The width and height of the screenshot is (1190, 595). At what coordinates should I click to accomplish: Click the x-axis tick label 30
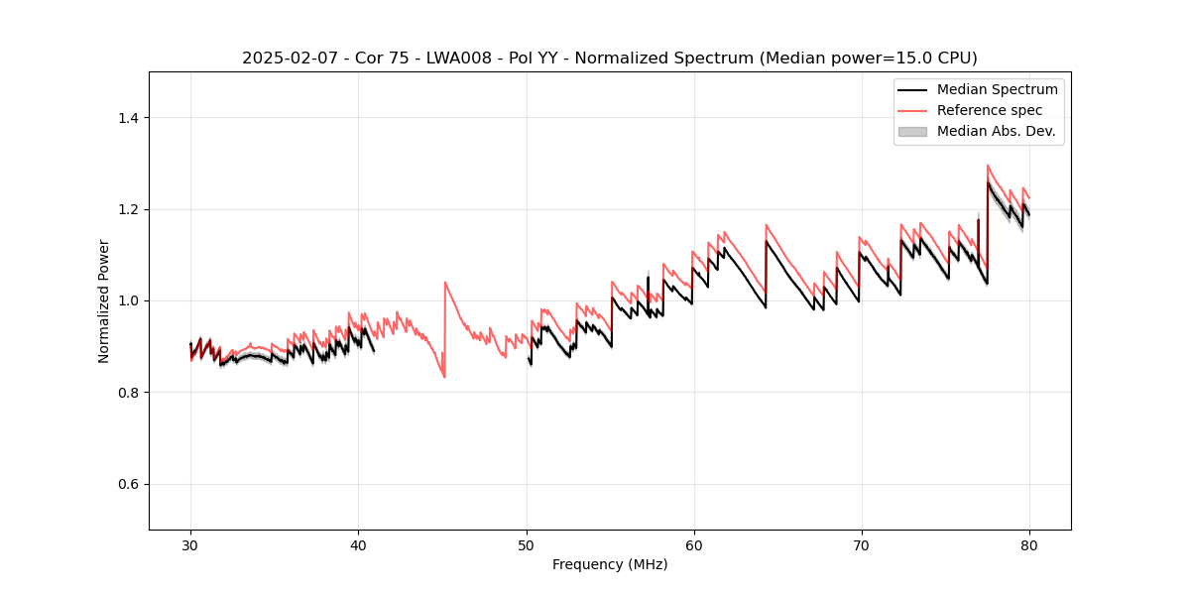(x=190, y=544)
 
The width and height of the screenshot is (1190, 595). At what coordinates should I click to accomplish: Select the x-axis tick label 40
(x=358, y=544)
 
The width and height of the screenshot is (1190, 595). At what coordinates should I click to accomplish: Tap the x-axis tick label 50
(x=526, y=544)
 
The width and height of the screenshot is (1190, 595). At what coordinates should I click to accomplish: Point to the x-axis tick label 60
(x=693, y=544)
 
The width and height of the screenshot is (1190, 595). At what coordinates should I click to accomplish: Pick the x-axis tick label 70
(x=861, y=544)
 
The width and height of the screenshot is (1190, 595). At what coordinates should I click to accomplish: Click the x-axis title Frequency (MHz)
(x=610, y=564)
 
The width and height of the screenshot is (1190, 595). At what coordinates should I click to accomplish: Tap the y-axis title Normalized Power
(x=103, y=300)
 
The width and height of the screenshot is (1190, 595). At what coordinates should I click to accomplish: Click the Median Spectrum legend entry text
(x=997, y=89)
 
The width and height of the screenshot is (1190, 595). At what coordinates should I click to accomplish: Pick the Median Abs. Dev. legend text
(x=996, y=131)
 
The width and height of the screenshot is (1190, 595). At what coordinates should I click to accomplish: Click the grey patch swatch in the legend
(x=912, y=131)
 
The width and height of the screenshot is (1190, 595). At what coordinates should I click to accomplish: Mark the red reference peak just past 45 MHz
(x=445, y=283)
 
